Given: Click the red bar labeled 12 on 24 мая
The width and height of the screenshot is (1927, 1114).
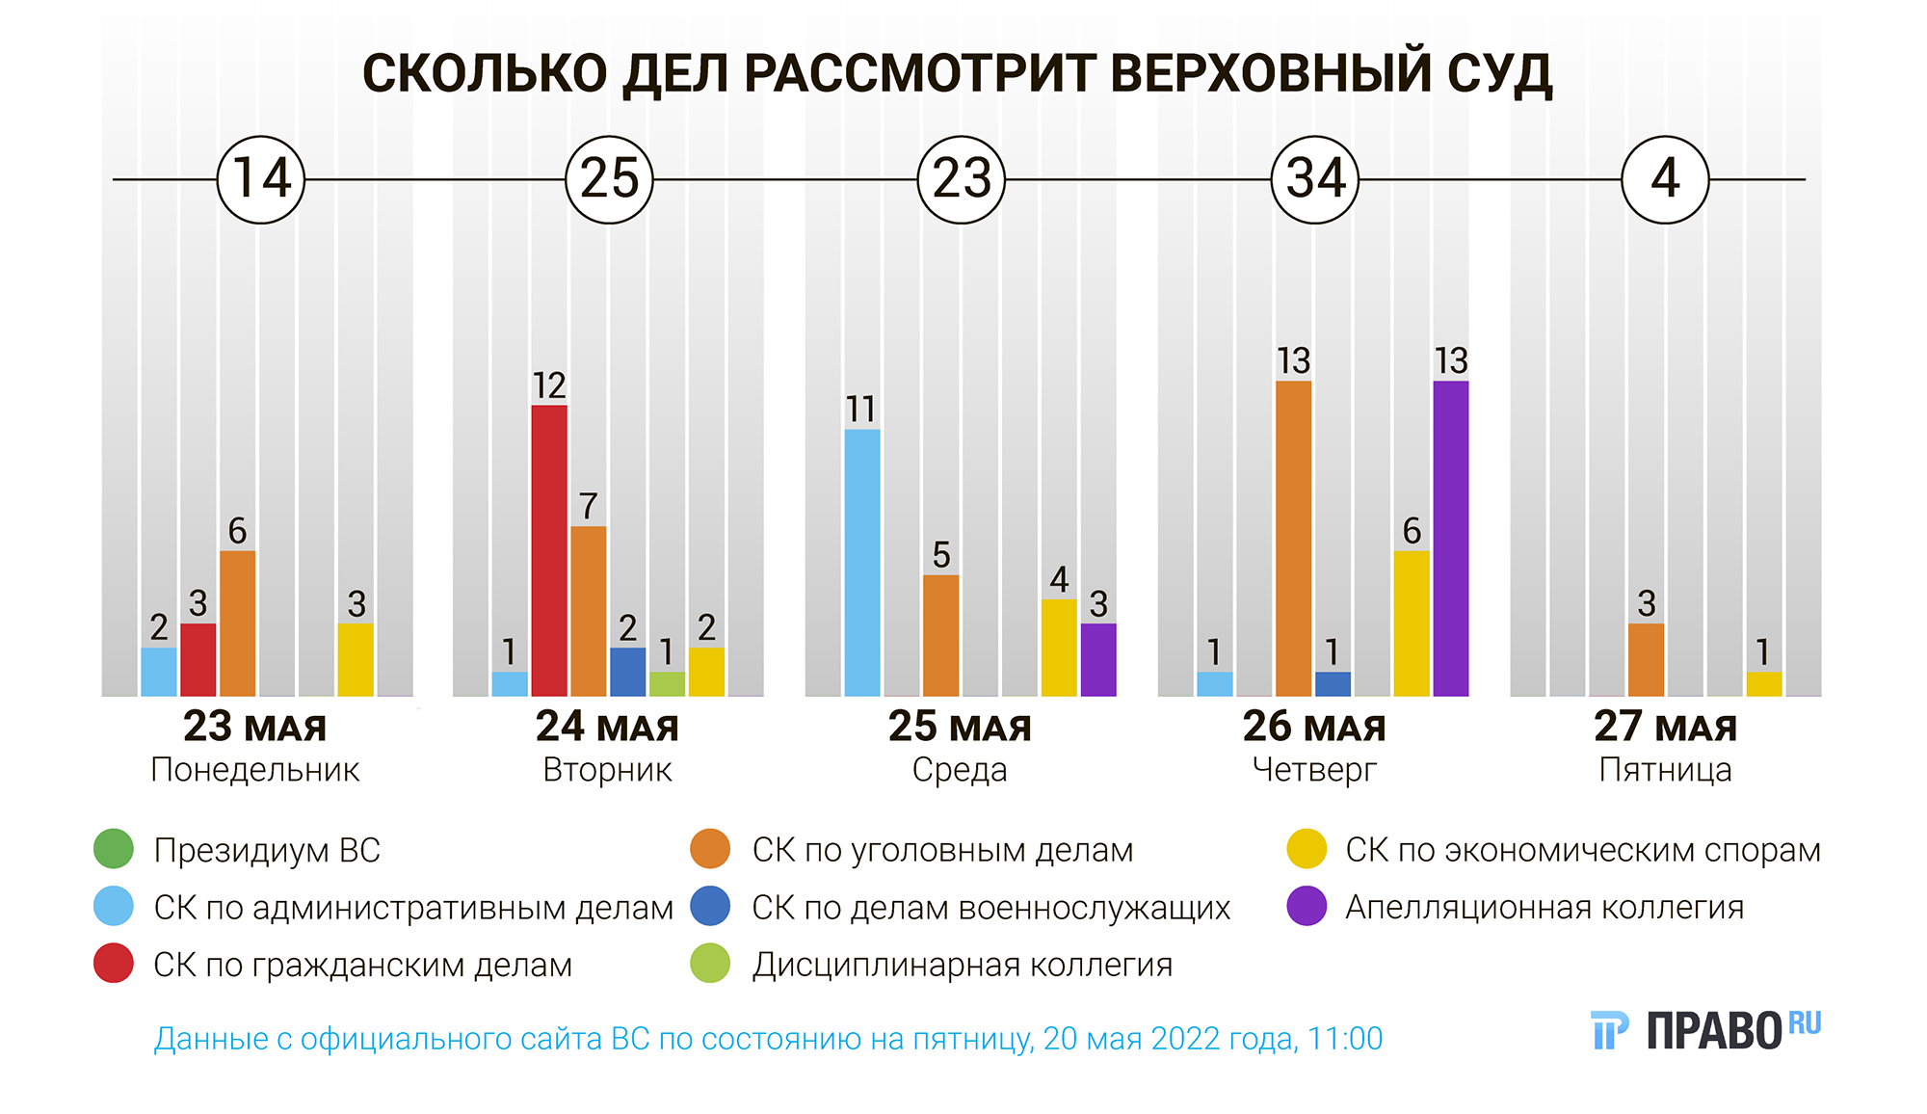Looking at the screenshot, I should tap(549, 550).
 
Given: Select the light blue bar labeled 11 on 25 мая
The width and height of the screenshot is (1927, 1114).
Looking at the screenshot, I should tap(862, 563).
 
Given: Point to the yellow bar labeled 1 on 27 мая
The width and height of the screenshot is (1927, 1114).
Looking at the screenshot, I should tap(1763, 684).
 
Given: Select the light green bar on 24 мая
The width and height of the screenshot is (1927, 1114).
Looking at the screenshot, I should tap(667, 684).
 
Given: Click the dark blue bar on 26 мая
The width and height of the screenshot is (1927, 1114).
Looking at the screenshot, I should tap(1333, 684).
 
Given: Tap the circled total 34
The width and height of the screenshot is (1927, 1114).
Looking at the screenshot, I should tap(1315, 179).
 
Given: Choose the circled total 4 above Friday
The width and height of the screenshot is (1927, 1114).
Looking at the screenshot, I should tap(1665, 179).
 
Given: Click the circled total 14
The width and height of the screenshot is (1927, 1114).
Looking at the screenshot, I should tap(261, 179).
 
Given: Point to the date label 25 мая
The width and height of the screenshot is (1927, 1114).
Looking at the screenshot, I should tap(960, 727).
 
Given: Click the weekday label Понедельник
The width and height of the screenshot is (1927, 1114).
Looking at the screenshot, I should tap(255, 770).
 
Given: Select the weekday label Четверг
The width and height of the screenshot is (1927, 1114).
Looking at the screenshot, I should tap(1314, 770).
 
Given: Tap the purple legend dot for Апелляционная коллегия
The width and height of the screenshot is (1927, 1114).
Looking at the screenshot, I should tap(1307, 906).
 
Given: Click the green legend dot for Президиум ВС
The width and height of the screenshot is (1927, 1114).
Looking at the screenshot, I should tap(114, 849).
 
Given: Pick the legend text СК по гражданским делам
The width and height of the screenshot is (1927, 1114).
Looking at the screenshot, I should tap(362, 965).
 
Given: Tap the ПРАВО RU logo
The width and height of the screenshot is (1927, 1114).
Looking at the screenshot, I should tap(1706, 1030).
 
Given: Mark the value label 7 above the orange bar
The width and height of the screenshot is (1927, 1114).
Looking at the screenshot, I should tap(589, 506).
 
